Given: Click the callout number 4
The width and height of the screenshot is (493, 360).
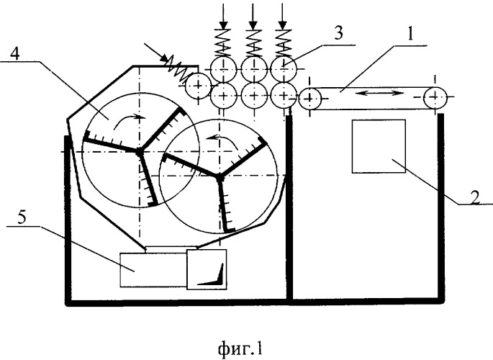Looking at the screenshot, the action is [x=15, y=55].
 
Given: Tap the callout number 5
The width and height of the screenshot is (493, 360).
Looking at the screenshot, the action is [x=22, y=217].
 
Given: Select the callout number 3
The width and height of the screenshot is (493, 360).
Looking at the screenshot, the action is [x=339, y=32].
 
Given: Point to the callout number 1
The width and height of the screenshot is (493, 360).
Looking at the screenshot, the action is [x=411, y=34].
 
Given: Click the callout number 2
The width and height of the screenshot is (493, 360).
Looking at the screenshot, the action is [x=475, y=197].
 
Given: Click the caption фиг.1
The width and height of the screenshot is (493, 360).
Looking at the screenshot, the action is [x=240, y=348].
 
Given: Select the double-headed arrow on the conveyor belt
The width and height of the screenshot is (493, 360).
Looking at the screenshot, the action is [x=381, y=93].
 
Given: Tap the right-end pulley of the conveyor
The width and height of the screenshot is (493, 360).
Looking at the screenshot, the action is [x=435, y=97].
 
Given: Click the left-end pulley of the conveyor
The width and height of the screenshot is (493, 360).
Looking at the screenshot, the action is [x=309, y=99].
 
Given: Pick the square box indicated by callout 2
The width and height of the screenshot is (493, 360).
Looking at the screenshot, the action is [x=379, y=146].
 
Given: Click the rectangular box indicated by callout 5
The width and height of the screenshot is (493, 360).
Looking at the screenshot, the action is [x=153, y=270].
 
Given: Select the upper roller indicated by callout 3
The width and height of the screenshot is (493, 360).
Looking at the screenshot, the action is [x=284, y=69].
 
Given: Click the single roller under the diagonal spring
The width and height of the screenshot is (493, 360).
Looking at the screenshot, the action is [x=198, y=85].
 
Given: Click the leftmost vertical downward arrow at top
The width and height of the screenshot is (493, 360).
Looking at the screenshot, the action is [x=223, y=16].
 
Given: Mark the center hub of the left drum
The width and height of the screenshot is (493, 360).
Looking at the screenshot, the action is [x=138, y=152].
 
